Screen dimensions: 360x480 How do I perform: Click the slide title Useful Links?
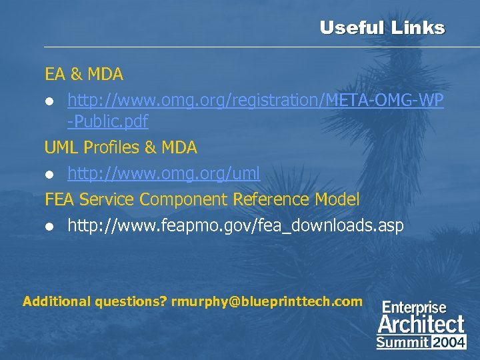click(x=381, y=28)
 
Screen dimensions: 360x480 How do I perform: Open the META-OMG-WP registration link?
click(x=255, y=100)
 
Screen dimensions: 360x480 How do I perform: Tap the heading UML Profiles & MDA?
click(x=121, y=147)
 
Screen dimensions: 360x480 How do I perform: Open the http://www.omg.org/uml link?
click(x=163, y=174)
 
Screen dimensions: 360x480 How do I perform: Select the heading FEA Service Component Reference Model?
click(x=202, y=199)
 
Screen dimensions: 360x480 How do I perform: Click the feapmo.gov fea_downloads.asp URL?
click(x=235, y=225)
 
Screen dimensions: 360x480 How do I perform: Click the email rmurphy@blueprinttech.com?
click(x=267, y=301)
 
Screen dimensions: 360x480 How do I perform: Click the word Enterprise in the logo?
click(x=414, y=308)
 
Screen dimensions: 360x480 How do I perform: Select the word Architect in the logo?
click(x=421, y=325)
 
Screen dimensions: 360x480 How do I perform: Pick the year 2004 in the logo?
click(x=449, y=343)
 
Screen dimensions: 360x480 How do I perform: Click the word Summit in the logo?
click(x=403, y=343)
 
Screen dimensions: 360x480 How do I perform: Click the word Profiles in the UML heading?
click(x=109, y=147)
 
